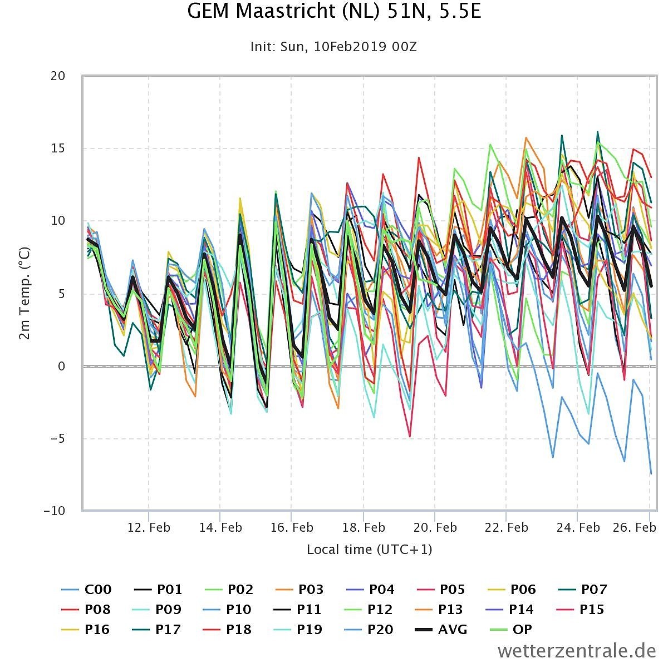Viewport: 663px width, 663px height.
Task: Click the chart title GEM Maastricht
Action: pyautogui.click(x=334, y=11)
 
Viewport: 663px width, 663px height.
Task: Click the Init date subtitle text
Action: pyautogui.click(x=333, y=47)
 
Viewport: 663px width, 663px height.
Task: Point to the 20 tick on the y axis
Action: pyautogui.click(x=58, y=76)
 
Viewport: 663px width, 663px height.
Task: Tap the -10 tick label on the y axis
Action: pyautogui.click(x=54, y=511)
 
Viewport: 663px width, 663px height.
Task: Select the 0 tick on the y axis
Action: pyautogui.click(x=61, y=366)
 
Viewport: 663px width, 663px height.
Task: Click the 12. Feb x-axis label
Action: pyautogui.click(x=149, y=527)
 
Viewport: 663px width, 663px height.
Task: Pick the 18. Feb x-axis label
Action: pyautogui.click(x=364, y=527)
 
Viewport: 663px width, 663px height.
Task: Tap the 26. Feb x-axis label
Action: pyautogui.click(x=634, y=527)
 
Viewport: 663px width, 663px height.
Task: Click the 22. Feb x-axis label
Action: pyautogui.click(x=507, y=527)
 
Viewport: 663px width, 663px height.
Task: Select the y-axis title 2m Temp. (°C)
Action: pyautogui.click(x=25, y=293)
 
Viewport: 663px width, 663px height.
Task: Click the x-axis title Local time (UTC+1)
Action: pyautogui.click(x=369, y=550)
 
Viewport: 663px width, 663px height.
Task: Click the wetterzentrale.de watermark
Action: pyautogui.click(x=577, y=650)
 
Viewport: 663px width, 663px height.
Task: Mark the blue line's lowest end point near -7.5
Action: pyautogui.click(x=651, y=474)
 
